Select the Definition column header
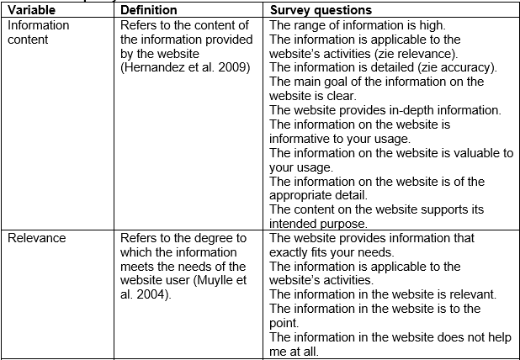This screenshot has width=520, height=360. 149,10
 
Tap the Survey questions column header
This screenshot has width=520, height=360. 321,10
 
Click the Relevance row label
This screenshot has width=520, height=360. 37,238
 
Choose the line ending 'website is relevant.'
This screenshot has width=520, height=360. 382,294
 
